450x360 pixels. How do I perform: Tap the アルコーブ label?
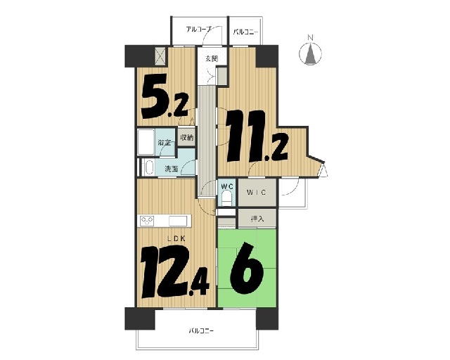coord(199,29)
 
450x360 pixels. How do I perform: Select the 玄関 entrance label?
coord(212,59)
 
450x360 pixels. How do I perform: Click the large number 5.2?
coord(165,96)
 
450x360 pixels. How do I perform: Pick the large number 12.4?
coord(175,271)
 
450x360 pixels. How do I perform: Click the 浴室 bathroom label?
coord(165,143)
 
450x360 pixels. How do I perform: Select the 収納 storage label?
coord(186,138)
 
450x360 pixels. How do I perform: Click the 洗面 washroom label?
coord(171,169)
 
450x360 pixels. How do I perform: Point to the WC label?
coord(226,186)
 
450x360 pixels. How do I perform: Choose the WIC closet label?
coord(256,193)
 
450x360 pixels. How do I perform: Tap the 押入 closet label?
coord(257,219)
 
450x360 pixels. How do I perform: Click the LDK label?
coord(177,238)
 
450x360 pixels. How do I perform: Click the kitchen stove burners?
coord(147,221)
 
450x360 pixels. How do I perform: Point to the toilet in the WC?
coord(226,198)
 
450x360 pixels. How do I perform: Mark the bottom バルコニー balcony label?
coord(201,331)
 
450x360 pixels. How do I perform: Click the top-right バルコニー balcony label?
coord(245,32)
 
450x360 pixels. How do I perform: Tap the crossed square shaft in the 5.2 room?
coord(160,55)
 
